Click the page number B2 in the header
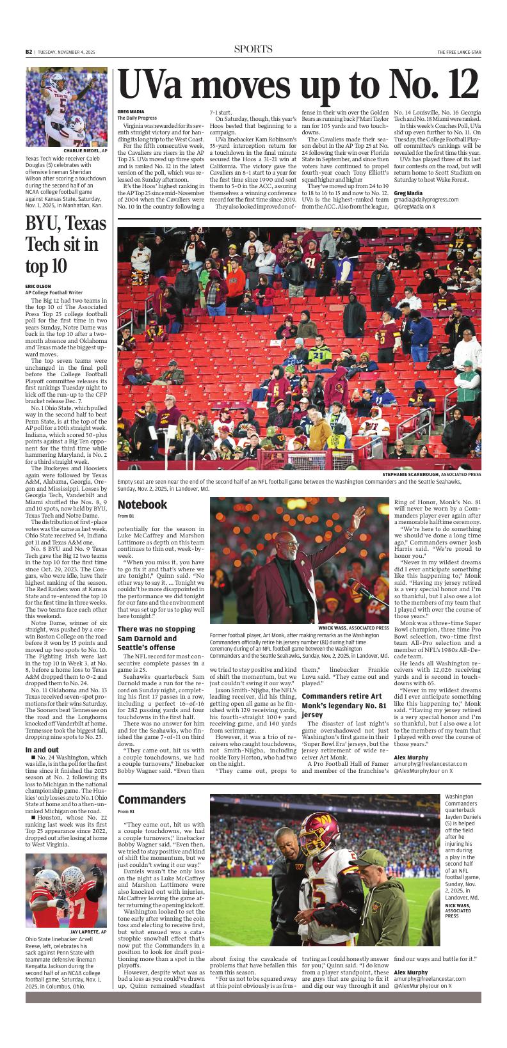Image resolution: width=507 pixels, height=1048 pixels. click(x=29, y=52)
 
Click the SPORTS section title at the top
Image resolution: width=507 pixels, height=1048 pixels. click(x=253, y=50)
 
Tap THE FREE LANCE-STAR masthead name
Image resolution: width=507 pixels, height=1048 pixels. click(x=459, y=52)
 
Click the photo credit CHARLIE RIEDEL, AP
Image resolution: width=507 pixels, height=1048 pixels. click(x=85, y=151)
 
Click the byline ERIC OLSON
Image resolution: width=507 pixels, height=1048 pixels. click(x=38, y=286)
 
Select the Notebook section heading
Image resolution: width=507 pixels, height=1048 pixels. click(x=142, y=505)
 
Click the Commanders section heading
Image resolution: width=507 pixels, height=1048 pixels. click(x=152, y=800)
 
